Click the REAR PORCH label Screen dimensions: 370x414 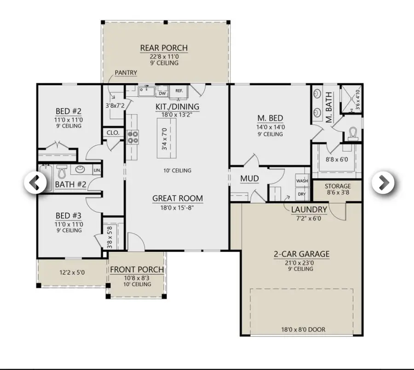pyautogui.click(x=164, y=48)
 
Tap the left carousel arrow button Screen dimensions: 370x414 pyautogui.click(x=35, y=183)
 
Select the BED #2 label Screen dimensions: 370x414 pyautogui.click(x=69, y=111)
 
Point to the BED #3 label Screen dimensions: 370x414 pyautogui.click(x=69, y=215)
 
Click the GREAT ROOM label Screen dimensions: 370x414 pyautogui.click(x=178, y=198)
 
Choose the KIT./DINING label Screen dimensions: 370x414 pyautogui.click(x=177, y=107)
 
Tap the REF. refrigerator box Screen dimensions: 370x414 pyautogui.click(x=179, y=91)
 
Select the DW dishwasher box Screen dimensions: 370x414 pyautogui.click(x=162, y=92)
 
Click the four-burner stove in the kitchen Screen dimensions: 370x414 pyautogui.click(x=133, y=137)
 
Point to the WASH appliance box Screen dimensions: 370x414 pyautogui.click(x=302, y=181)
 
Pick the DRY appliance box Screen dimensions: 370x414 pyautogui.click(x=302, y=194)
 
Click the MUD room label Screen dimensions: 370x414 pyautogui.click(x=249, y=179)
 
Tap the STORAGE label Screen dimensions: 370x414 pyautogui.click(x=338, y=186)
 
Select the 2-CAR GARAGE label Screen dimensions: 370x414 pyautogui.click(x=295, y=254)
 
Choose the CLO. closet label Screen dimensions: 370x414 pyautogui.click(x=113, y=133)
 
